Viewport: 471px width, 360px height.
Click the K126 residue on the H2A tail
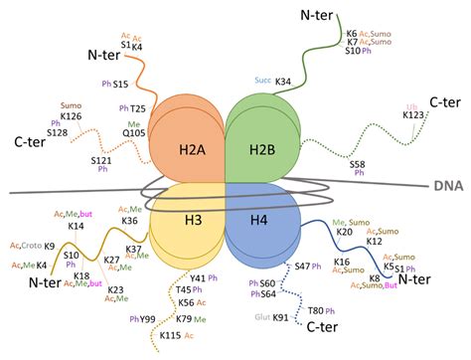point(70,116)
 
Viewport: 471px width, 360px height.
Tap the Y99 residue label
point(148,319)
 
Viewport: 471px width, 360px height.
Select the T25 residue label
point(139,107)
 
